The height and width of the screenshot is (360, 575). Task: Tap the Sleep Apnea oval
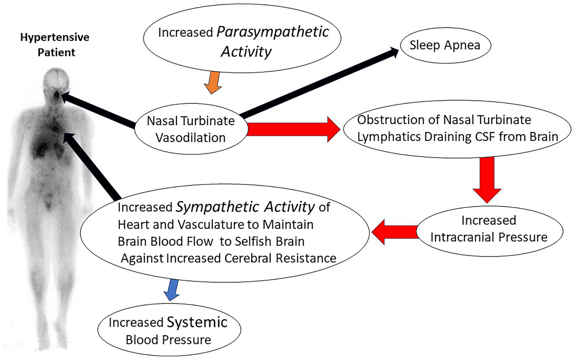point(445,45)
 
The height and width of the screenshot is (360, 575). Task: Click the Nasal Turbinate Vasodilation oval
point(191,129)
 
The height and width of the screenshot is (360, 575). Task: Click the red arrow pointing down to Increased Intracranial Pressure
point(487,179)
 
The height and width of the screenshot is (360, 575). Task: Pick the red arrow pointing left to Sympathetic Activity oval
point(395,232)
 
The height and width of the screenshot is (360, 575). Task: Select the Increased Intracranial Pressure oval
point(489,229)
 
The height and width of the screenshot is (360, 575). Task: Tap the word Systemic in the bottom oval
point(197,322)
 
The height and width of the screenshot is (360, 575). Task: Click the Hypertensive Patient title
point(55,45)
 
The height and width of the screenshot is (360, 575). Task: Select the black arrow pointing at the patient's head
point(99,109)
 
